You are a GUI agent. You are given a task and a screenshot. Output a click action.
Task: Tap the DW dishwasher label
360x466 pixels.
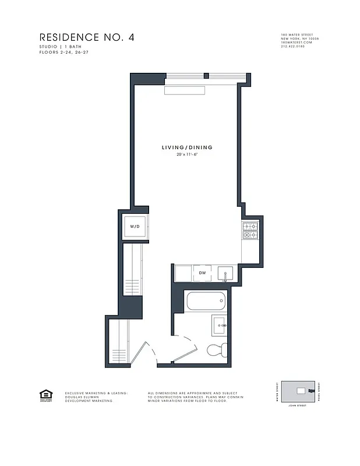point(202,273)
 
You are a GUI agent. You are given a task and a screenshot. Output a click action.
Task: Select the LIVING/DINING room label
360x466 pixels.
point(187,147)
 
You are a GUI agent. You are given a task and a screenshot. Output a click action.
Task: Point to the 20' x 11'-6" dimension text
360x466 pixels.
point(187,155)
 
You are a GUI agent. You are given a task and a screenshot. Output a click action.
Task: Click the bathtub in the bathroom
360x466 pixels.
point(205,302)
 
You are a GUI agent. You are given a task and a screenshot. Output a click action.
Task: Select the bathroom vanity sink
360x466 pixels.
point(219,324)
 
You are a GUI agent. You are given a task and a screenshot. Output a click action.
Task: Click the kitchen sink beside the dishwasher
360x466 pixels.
point(225,273)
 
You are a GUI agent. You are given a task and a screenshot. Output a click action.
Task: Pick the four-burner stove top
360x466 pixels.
point(249,231)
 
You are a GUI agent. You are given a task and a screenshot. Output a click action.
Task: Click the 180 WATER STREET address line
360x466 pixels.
point(297,35)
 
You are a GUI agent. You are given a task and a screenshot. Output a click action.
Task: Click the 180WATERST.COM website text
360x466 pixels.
point(296,42)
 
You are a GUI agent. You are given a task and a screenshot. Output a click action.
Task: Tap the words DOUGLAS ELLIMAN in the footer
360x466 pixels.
point(82,397)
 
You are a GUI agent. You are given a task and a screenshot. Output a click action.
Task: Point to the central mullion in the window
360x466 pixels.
point(206,75)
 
